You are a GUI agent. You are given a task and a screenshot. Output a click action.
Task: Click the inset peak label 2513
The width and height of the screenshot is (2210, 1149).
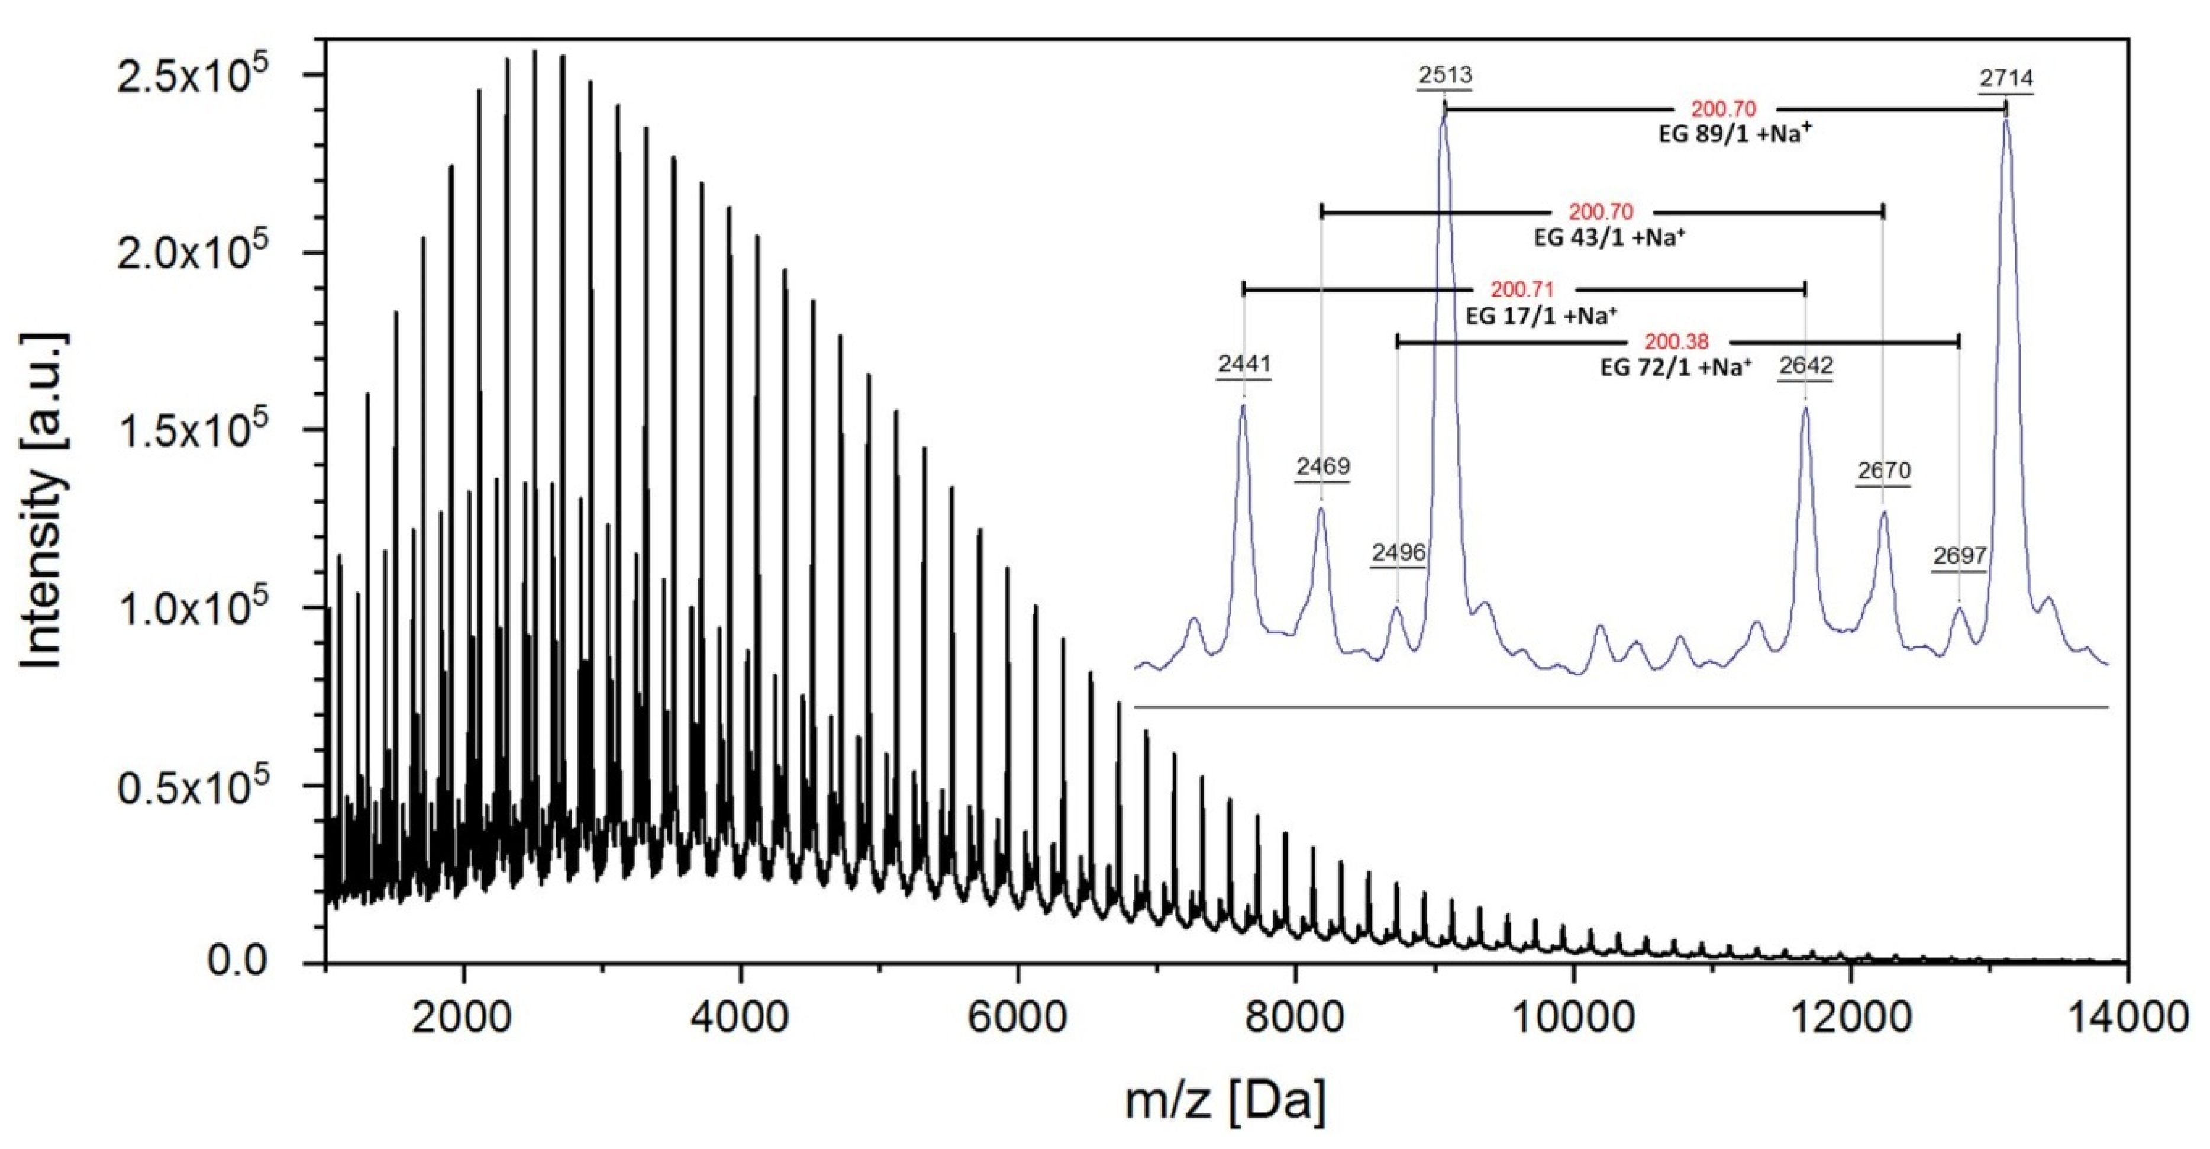tap(1445, 76)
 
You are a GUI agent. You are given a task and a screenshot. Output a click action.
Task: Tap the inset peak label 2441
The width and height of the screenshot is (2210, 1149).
tap(1244, 365)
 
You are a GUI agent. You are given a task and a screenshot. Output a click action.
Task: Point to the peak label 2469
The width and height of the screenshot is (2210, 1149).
tap(1322, 467)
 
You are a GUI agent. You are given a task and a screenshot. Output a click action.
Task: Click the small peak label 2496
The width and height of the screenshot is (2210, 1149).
tap(1398, 553)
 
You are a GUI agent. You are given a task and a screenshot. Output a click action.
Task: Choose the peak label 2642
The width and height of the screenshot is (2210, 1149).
tap(1806, 366)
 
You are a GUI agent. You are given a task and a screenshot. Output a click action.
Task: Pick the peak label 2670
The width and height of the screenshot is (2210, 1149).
tap(1884, 471)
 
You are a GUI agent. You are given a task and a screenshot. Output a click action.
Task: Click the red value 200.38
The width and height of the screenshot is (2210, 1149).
tap(1676, 342)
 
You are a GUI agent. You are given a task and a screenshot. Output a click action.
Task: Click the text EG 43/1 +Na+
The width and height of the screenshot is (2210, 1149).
tap(1609, 238)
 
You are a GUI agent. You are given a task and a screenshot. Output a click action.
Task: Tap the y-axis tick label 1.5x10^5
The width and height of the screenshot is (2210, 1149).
tap(192, 431)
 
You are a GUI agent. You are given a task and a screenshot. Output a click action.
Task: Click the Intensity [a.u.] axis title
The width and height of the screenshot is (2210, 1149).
tap(43, 501)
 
